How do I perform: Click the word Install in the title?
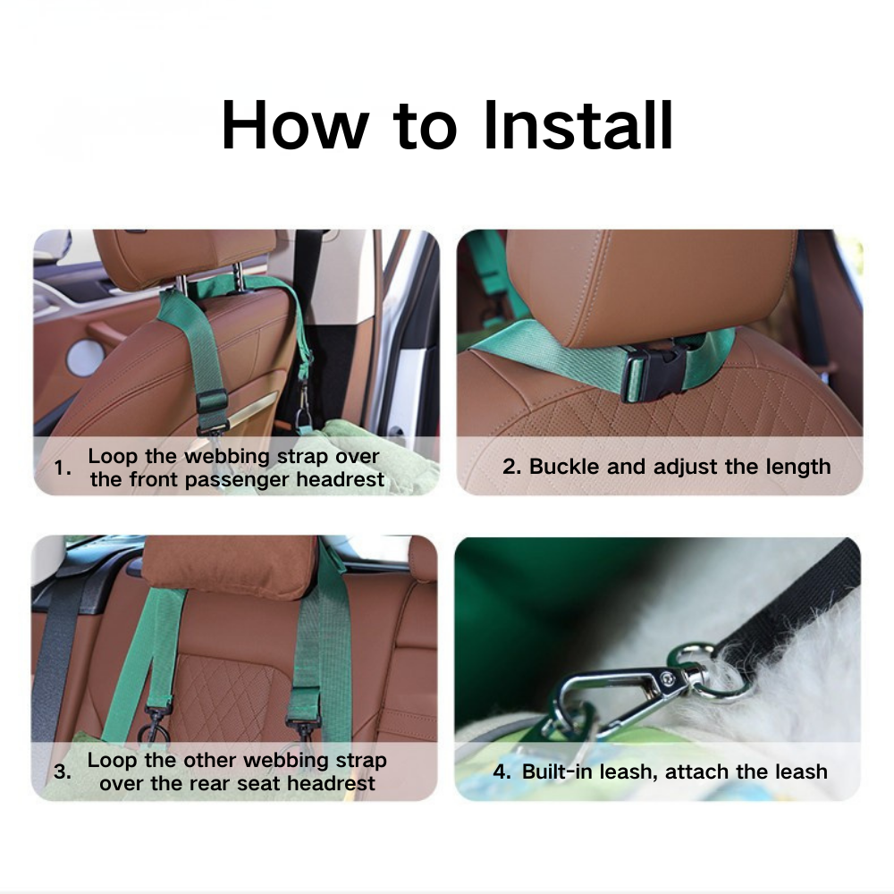coord(578,126)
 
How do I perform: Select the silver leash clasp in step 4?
coord(617,694)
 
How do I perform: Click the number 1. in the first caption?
coord(62,468)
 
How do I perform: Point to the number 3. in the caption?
coord(62,772)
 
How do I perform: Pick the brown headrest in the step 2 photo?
coord(648,286)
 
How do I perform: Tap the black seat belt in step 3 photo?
coord(52,662)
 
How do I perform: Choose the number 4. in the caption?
coord(502,772)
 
